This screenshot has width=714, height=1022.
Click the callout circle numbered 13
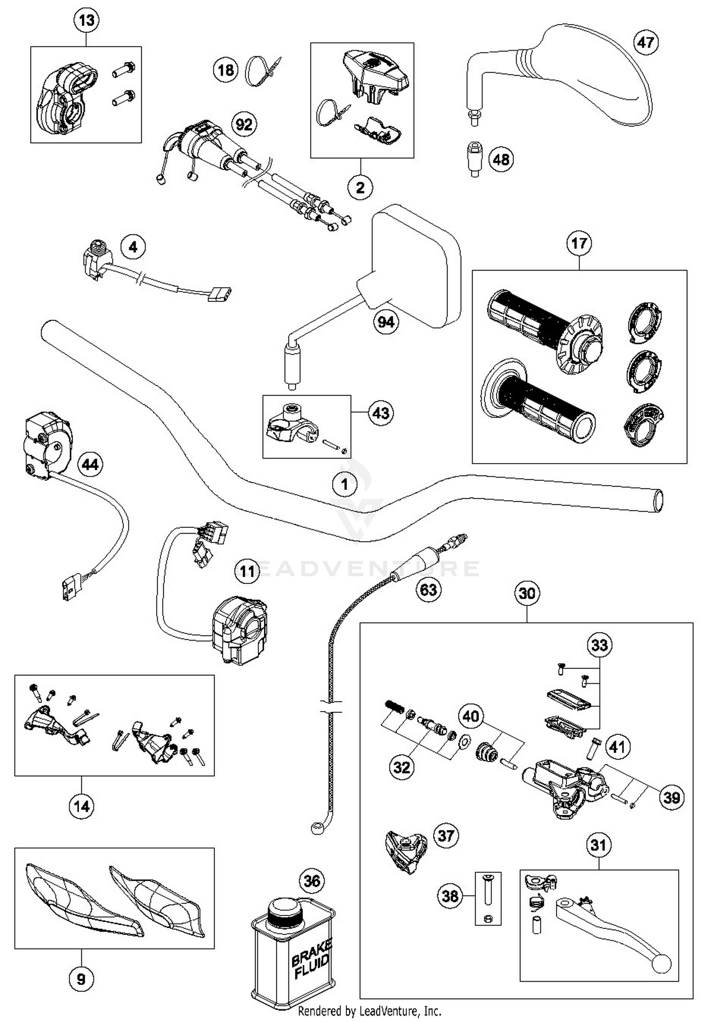(x=87, y=20)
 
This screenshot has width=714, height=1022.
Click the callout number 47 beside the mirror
(x=646, y=42)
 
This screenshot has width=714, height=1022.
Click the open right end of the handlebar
(x=658, y=501)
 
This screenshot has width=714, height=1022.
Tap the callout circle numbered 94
(x=386, y=322)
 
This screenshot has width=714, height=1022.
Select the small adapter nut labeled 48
(x=474, y=158)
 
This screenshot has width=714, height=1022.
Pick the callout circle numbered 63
(x=428, y=590)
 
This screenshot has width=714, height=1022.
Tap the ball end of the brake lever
(x=661, y=964)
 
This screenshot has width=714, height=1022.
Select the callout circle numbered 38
(x=450, y=896)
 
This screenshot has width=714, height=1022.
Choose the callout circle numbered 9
(x=81, y=979)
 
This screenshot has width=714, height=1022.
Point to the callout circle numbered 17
(x=579, y=243)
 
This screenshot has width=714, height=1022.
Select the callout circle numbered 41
(x=617, y=747)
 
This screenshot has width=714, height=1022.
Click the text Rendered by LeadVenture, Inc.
(x=369, y=1011)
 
